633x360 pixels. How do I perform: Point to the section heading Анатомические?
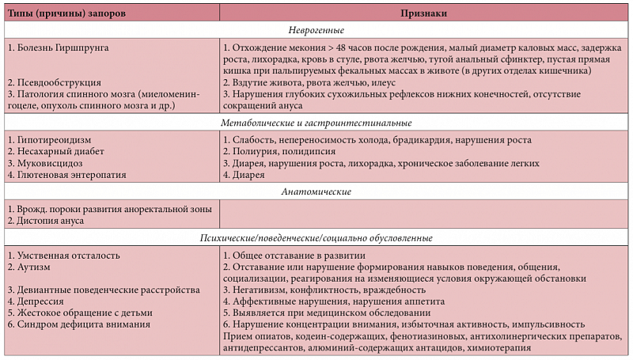coord(316,191)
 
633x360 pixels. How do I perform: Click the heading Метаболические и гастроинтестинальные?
coord(316,123)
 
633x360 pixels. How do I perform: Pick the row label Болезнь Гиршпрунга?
coord(62,47)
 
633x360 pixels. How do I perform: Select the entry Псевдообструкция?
coord(58,82)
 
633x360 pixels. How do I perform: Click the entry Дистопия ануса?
coord(50,221)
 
